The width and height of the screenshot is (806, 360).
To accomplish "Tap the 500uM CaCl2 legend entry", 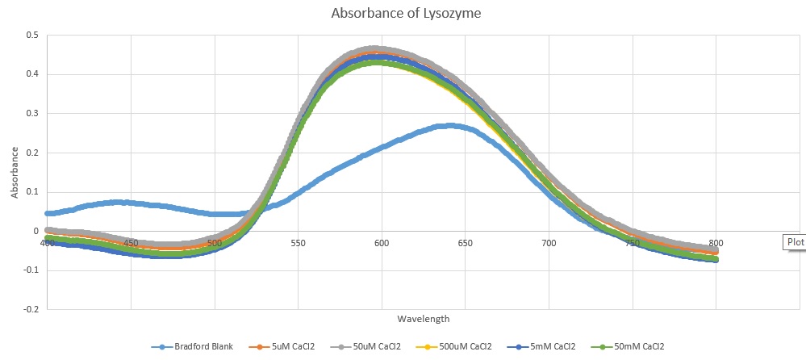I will (462, 346).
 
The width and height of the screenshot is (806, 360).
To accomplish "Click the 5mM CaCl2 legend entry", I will (549, 346).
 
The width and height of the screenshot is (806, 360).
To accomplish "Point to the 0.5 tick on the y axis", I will (32, 36).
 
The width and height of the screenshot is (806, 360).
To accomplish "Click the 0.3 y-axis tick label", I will (32, 114).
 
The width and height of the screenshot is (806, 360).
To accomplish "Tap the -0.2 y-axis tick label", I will (31, 309).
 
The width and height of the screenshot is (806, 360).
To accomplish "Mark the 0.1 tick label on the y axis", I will (32, 192).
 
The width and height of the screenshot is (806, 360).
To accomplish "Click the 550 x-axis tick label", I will (298, 242).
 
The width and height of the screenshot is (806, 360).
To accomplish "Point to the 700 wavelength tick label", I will (549, 242).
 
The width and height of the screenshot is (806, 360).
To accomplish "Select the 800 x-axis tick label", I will (716, 242).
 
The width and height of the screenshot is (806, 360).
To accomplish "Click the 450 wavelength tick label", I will (131, 242).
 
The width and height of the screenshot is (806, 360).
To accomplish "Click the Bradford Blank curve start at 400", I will (48, 213).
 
